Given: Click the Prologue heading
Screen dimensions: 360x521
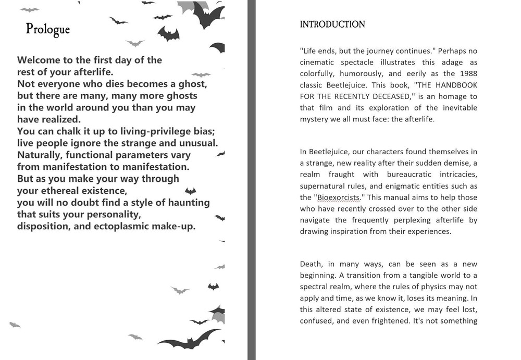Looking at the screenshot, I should click(x=47, y=30).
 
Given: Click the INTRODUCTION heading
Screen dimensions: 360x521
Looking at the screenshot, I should click(x=332, y=24).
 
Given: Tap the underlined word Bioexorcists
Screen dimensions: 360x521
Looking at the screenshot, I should click(x=333, y=197).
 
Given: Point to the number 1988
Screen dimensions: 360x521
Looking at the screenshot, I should click(x=466, y=73).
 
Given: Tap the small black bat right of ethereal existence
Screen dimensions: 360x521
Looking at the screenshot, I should click(x=191, y=191).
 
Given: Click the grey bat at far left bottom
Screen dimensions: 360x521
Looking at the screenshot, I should click(x=15, y=325).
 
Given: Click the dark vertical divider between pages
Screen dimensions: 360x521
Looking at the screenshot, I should click(x=252, y=180).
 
